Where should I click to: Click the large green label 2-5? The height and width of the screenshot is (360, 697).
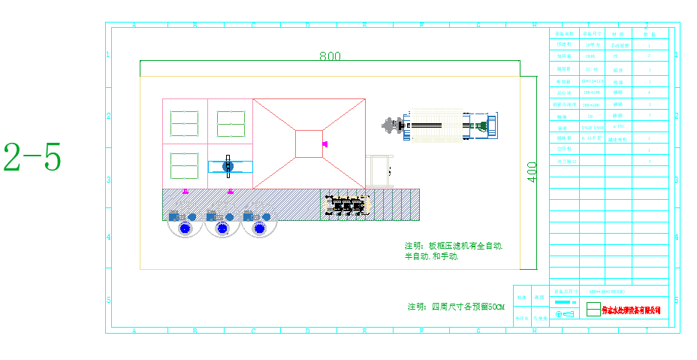click(32, 157)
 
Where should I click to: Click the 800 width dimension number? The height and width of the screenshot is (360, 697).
click(330, 56)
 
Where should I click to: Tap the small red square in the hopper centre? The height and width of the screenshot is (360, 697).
click(309, 144)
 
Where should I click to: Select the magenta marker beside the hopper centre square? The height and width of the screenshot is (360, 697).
click(324, 144)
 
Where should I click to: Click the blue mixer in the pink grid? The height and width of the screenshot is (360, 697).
click(229, 166)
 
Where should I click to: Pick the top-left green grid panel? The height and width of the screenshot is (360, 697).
click(184, 123)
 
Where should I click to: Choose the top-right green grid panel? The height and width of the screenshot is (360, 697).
click(231, 123)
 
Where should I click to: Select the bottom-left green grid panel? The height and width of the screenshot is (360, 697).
click(184, 165)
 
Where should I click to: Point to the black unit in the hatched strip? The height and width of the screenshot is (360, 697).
click(348, 204)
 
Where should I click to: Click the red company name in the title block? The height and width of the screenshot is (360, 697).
click(632, 310)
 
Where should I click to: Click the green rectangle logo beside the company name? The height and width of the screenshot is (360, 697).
click(593, 309)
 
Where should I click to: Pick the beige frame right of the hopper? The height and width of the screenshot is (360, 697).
click(379, 172)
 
